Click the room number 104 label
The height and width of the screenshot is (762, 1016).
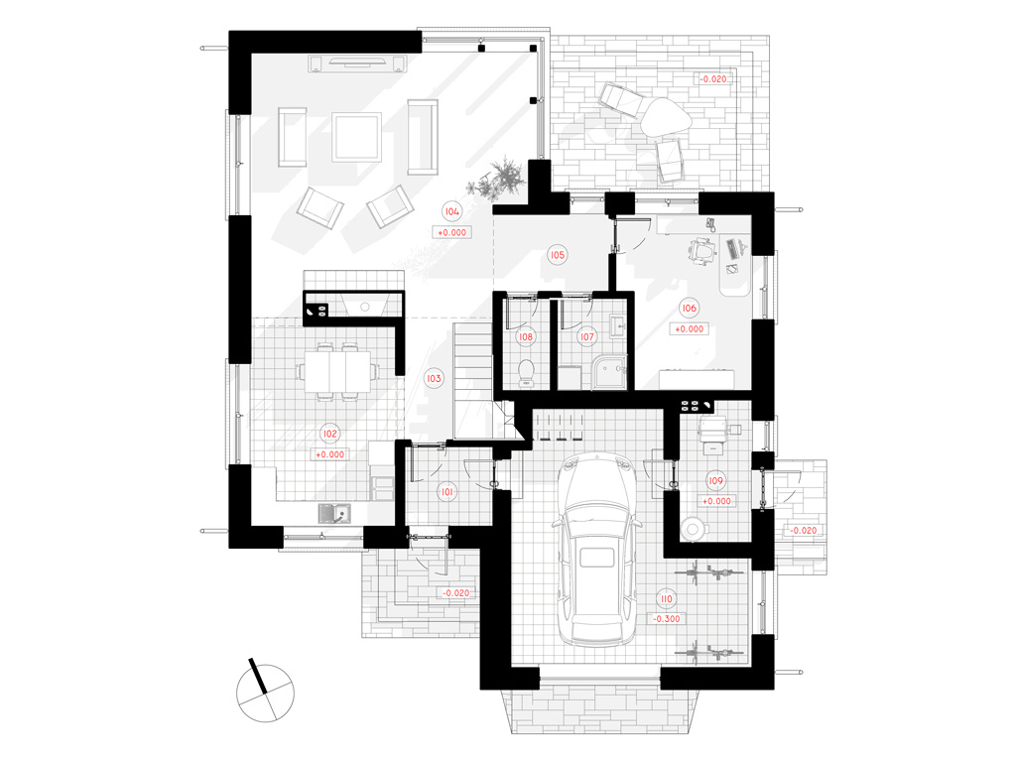click(x=451, y=211)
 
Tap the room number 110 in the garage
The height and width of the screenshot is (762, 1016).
click(x=666, y=598)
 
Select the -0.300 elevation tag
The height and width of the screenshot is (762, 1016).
click(x=666, y=619)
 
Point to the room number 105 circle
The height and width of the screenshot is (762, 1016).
click(x=558, y=255)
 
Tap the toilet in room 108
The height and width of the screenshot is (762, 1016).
click(x=526, y=373)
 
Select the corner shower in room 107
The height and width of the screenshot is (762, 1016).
click(x=609, y=372)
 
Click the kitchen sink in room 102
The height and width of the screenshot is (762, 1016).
click(x=334, y=514)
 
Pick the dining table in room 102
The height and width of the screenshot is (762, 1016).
click(x=334, y=371)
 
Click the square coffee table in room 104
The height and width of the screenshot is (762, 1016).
click(x=356, y=137)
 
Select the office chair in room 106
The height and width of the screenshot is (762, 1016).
click(x=702, y=251)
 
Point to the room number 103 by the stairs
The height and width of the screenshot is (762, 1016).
click(x=434, y=378)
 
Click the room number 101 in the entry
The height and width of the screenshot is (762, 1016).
click(x=447, y=492)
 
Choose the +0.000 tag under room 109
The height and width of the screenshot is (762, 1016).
click(x=716, y=501)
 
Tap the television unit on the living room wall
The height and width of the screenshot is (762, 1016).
click(x=356, y=63)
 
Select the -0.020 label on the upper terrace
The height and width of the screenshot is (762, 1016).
click(x=712, y=79)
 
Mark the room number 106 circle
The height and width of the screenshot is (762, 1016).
click(x=689, y=308)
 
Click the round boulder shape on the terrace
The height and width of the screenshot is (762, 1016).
click(x=666, y=117)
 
